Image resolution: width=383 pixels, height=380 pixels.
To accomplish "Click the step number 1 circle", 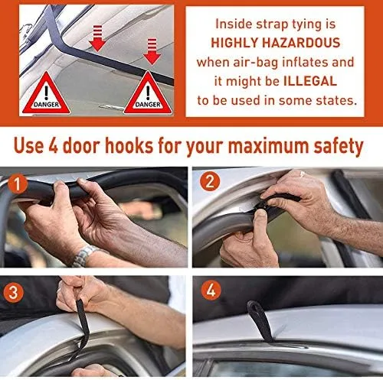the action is tap(18, 184).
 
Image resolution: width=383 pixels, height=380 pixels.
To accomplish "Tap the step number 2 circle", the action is tap(210, 181).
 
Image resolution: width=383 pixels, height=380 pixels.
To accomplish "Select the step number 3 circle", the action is tap(13, 292).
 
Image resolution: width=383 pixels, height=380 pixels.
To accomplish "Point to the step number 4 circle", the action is tap(211, 290).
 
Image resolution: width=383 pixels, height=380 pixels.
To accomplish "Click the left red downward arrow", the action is tap(97, 38).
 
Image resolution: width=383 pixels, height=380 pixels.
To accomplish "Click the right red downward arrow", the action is tap(152, 51).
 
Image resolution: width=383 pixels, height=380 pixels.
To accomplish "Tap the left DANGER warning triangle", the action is tap(46, 93).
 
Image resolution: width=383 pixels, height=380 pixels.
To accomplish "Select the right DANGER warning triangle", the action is tap(148, 93).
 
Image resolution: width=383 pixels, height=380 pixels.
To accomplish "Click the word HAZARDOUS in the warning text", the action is tap(301, 43).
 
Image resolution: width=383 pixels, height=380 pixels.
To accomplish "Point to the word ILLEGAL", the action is tap(310, 81).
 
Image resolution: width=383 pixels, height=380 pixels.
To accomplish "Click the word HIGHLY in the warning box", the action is tap(234, 43).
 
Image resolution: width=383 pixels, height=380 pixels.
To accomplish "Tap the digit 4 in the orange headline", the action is tap(54, 146).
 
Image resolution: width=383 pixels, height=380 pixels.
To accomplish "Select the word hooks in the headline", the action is tap(129, 145).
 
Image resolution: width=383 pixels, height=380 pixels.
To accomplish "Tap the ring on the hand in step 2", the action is tap(303, 174).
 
